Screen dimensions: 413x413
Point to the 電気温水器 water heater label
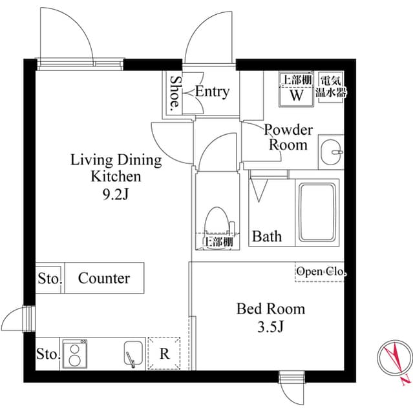click(330, 86)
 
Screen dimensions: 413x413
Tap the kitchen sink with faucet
click(133, 354)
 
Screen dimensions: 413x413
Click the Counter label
click(103, 278)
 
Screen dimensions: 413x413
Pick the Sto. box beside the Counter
click(49, 279)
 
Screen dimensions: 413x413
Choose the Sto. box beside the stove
click(48, 354)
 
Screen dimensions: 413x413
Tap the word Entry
click(212, 92)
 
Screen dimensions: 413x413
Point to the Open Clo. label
click(321, 272)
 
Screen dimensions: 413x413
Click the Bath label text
click(266, 236)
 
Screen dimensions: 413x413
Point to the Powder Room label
click(288, 137)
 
